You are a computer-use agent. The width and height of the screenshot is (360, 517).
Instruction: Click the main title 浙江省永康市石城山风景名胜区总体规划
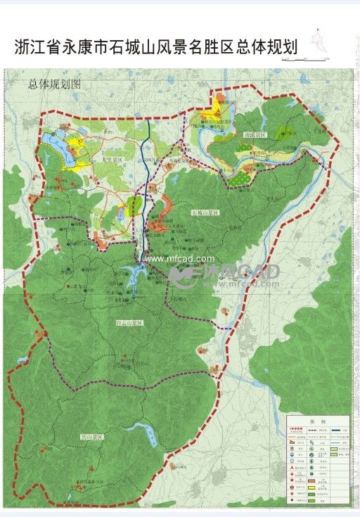[155, 47]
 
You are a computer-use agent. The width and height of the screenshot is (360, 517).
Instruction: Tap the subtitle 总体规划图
[55, 84]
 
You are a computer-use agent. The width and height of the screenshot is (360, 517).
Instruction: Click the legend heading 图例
[317, 421]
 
